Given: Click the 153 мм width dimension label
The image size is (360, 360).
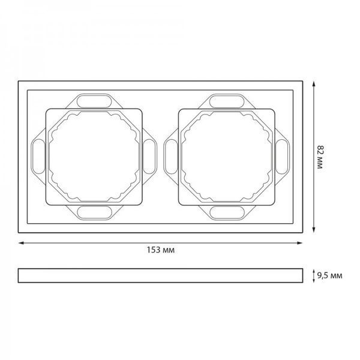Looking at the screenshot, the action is click(161, 250).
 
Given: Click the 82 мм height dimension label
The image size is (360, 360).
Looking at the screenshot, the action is click(320, 157).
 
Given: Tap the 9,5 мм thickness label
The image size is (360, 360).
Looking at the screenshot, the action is click(329, 275).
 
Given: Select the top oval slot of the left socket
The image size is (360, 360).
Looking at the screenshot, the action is click(94, 101).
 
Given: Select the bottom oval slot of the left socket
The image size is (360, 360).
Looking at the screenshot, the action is click(94, 212).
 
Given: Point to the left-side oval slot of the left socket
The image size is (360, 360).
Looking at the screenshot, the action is click(38, 157).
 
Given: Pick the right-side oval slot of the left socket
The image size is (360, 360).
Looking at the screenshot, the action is click(149, 157).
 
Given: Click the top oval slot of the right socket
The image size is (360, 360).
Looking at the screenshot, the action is click(227, 101).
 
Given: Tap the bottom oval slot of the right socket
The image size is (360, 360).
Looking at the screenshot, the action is click(227, 212).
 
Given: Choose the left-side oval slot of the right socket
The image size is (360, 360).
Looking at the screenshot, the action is click(171, 157).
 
